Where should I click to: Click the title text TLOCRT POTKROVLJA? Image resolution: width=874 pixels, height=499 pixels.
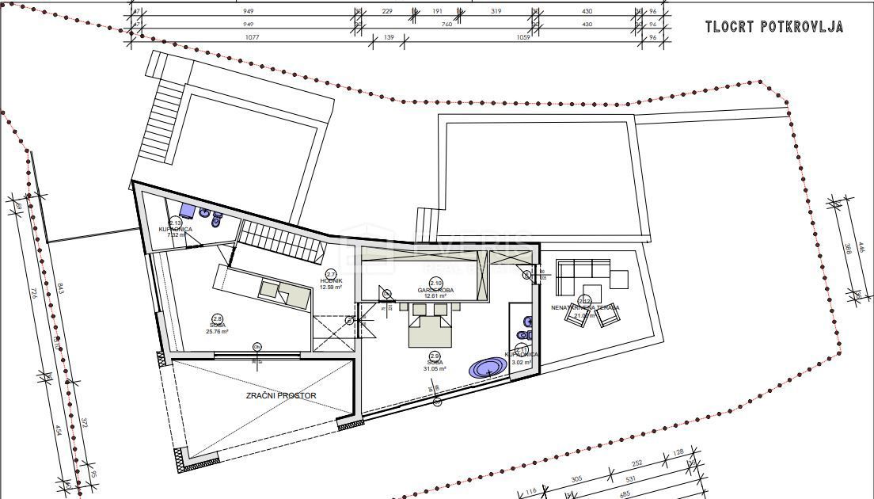pos(774,27)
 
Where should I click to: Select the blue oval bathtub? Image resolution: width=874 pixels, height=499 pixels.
pos(488,368)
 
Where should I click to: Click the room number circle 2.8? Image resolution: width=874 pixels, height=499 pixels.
pos(217,319)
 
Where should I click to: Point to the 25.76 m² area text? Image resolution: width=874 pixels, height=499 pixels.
pos(217,332)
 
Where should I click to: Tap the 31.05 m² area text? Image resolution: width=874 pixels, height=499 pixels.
pos(435,369)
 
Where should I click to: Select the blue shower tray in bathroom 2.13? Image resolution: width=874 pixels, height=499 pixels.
pos(187,210)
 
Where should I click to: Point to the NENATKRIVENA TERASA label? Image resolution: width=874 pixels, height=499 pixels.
pos(585,307)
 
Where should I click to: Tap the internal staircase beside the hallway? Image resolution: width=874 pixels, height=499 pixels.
pos(282,239)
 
